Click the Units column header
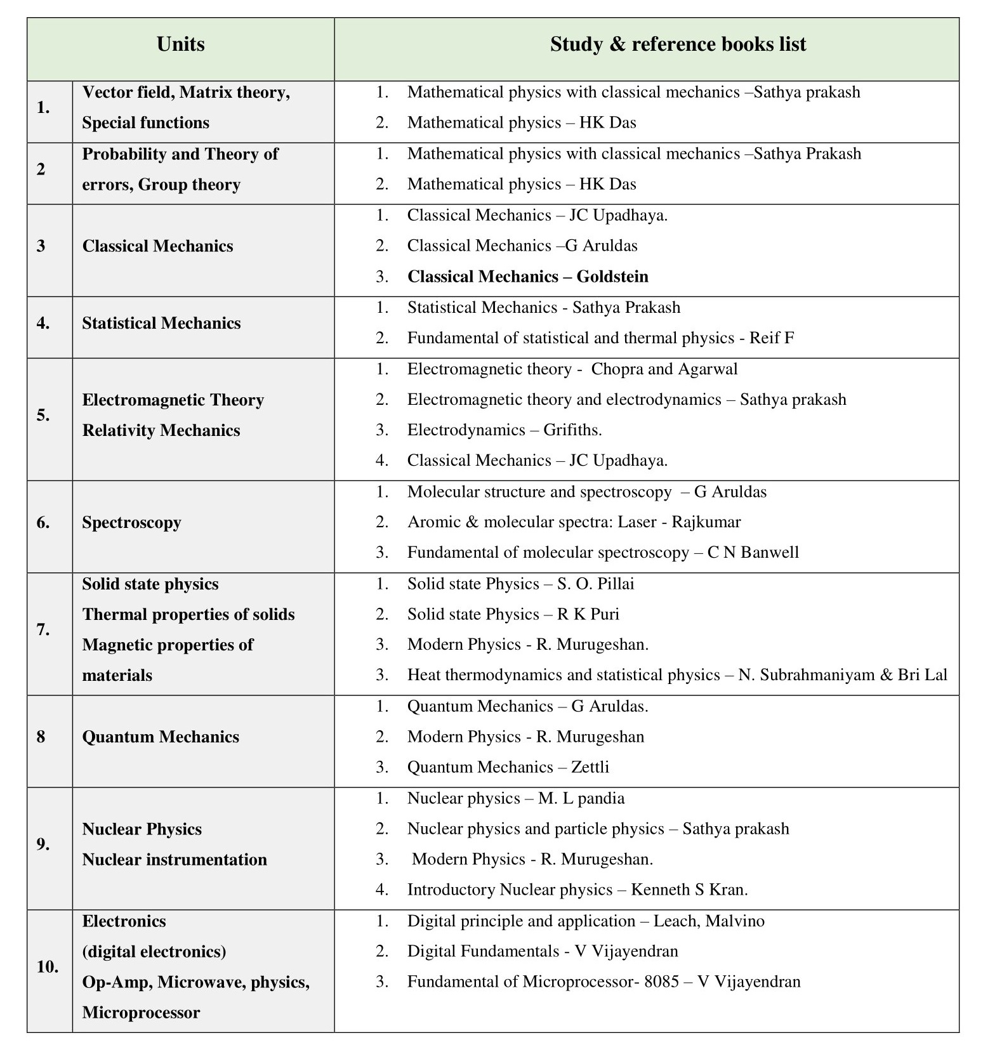[x=180, y=44]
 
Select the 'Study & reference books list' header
[x=678, y=44]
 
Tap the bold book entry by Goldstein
[x=527, y=277]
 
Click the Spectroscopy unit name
[x=131, y=523]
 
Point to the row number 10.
[x=48, y=967]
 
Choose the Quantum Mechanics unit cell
[x=161, y=737]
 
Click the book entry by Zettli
[x=508, y=767]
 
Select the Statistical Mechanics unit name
[x=161, y=324]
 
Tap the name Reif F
[x=771, y=338]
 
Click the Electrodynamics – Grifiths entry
[x=505, y=430]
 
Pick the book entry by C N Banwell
[x=603, y=553]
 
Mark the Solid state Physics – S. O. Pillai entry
[x=520, y=584]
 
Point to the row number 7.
[x=43, y=629]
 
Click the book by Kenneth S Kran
[x=577, y=890]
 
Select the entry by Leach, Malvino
[x=586, y=921]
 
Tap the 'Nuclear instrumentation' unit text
[x=175, y=860]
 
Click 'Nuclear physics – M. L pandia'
[x=516, y=798]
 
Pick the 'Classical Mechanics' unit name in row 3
[x=157, y=246]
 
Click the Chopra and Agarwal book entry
[x=572, y=369]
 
